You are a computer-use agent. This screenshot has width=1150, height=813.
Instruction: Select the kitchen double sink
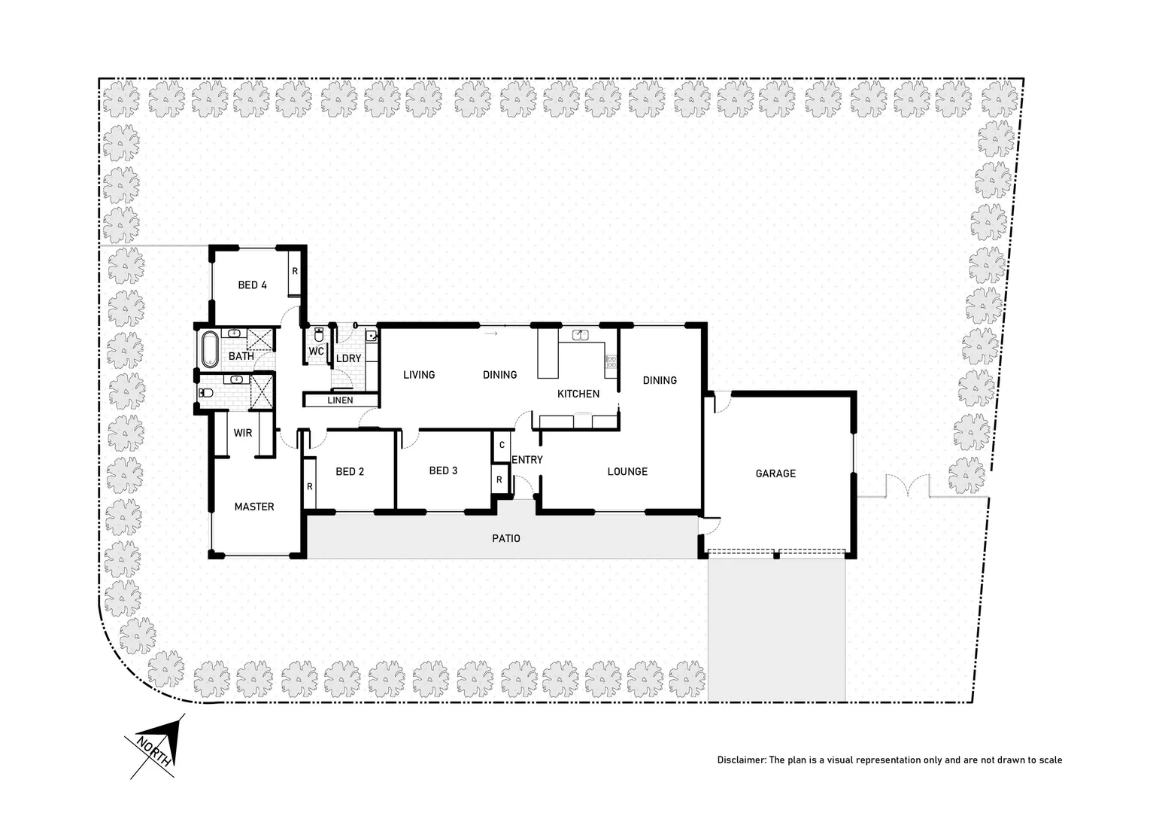coord(580,334)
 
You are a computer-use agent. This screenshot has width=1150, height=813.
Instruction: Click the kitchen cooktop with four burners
coord(610,365)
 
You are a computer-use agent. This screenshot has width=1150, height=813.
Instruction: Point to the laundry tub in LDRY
coord(371,335)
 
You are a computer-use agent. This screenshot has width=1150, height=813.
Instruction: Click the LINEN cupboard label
coord(340,400)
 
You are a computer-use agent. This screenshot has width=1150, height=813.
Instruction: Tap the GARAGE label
coord(775,473)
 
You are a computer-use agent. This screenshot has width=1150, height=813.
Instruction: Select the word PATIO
coord(506,538)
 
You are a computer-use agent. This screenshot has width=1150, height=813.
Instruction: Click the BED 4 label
coord(253,285)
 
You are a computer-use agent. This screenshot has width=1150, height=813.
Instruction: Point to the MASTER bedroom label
coord(254,507)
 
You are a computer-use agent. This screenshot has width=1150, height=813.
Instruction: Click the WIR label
coord(243,433)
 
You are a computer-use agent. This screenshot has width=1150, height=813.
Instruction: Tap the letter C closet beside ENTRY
coord(502,446)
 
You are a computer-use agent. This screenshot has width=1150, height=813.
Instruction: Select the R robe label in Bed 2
coord(310,486)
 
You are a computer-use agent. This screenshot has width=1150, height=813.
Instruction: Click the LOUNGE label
coord(627,471)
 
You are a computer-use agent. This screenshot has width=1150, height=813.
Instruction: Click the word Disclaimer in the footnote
coord(740,760)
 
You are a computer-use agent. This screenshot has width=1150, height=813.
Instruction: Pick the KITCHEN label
coord(578,394)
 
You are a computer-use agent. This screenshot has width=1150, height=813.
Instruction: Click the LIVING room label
coord(419,374)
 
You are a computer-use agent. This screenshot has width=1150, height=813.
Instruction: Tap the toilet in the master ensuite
coord(205,392)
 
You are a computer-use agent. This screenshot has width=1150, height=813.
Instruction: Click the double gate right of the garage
coord(909,488)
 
